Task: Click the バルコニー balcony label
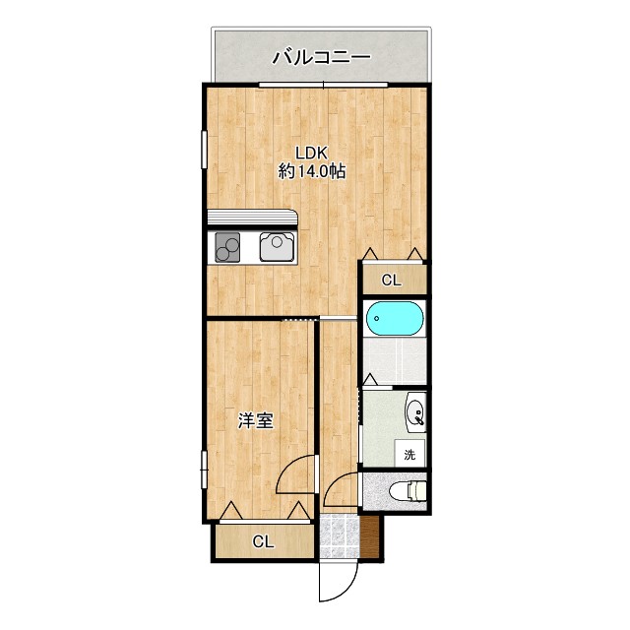click(321, 57)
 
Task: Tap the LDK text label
click(312, 154)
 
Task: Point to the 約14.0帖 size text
click(312, 172)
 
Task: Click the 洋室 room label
click(256, 420)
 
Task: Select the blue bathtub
click(395, 318)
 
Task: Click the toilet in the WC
click(408, 490)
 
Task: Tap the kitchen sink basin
click(278, 246)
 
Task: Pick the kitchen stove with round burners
click(227, 247)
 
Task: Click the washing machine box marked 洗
click(409, 453)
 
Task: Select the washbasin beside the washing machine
click(416, 412)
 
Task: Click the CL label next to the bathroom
click(392, 280)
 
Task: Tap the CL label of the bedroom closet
click(263, 542)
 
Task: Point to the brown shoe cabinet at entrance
click(369, 536)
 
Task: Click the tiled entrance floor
click(340, 536)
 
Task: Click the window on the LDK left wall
click(204, 150)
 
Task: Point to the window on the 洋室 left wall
click(204, 470)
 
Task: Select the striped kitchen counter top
click(252, 220)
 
